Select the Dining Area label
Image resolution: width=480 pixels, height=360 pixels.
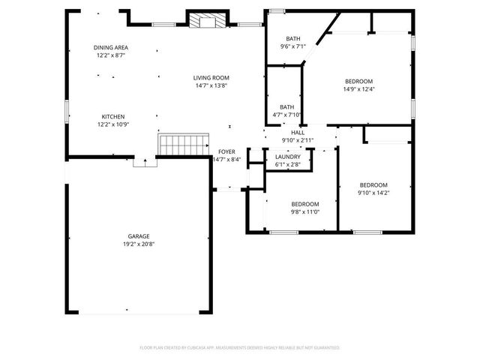click(x=110, y=46)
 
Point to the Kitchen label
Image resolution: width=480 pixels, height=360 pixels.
click(x=113, y=116)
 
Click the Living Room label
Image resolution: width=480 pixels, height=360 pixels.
click(x=211, y=77)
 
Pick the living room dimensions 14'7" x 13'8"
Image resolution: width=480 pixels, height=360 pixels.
click(x=211, y=85)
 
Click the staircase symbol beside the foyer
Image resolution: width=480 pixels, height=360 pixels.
click(x=183, y=143)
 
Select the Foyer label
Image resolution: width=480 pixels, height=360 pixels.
click(x=226, y=151)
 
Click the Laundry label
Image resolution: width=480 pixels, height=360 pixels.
click(x=288, y=156)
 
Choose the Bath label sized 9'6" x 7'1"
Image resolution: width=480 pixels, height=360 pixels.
click(x=293, y=38)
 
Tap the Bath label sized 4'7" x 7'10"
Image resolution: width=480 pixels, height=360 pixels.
click(x=287, y=106)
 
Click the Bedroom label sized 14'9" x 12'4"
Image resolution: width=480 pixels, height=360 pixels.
click(x=358, y=81)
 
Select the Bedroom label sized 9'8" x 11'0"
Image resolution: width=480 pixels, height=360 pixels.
click(x=305, y=204)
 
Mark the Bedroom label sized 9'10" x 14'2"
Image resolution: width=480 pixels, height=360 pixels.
click(x=373, y=185)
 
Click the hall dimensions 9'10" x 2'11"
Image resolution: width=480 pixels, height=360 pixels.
click(x=298, y=140)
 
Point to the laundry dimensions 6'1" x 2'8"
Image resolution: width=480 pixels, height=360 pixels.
click(x=288, y=164)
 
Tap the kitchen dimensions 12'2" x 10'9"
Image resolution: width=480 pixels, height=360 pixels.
click(x=113, y=124)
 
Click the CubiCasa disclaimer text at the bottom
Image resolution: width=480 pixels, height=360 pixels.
click(x=240, y=348)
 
